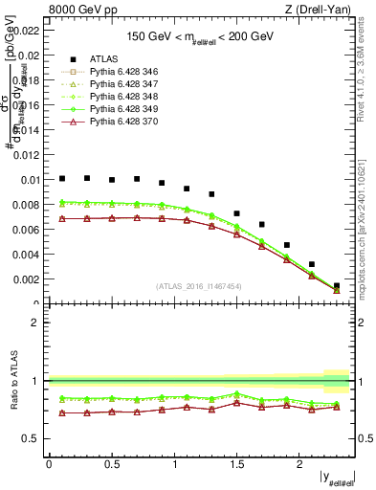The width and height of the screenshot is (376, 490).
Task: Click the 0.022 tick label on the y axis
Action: [x=26, y=30]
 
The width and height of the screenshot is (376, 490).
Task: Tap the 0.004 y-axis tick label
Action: [x=26, y=255]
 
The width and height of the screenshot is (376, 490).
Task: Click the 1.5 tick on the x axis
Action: [x=236, y=463]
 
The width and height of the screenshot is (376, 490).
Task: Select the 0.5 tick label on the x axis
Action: [x=111, y=463]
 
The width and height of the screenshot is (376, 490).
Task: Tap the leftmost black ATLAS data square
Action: [x=62, y=178]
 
